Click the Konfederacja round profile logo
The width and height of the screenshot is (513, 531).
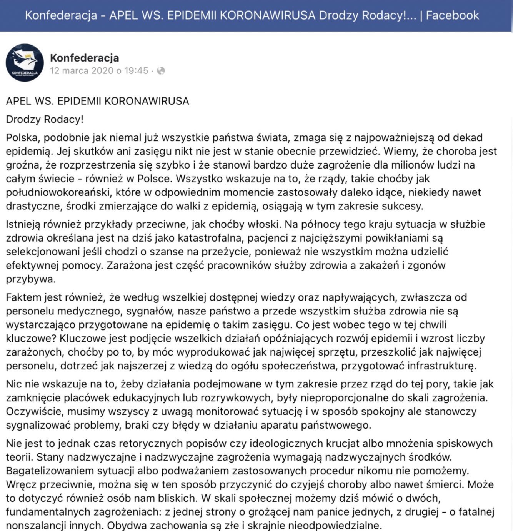pyautogui.click(x=25, y=63)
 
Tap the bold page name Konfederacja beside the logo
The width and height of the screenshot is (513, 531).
pyautogui.click(x=85, y=58)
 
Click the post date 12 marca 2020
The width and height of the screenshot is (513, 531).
pyautogui.click(x=82, y=71)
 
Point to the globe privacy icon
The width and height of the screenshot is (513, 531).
pyautogui.click(x=161, y=71)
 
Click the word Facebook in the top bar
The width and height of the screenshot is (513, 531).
pyautogui.click(x=452, y=15)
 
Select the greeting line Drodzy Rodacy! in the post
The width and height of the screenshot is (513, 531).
pyautogui.click(x=45, y=119)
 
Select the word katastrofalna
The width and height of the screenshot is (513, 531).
pyautogui.click(x=210, y=238)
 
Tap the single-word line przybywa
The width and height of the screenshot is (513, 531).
pyautogui.click(x=30, y=279)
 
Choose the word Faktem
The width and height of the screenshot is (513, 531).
pyautogui.click(x=23, y=297)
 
